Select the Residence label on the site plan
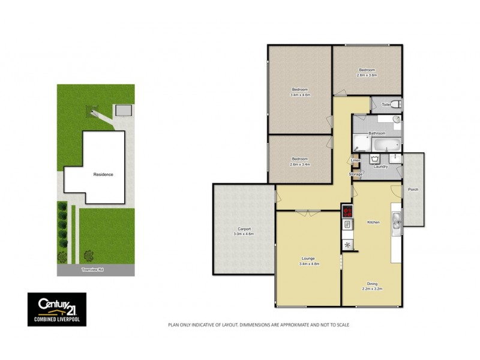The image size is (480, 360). (103, 175)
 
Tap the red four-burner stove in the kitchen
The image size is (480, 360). (347, 211)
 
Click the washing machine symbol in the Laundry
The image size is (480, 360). (375, 159)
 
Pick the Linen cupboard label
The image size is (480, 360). (355, 160)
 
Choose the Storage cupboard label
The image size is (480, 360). (356, 174)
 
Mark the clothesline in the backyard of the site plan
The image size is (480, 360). (92, 110)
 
